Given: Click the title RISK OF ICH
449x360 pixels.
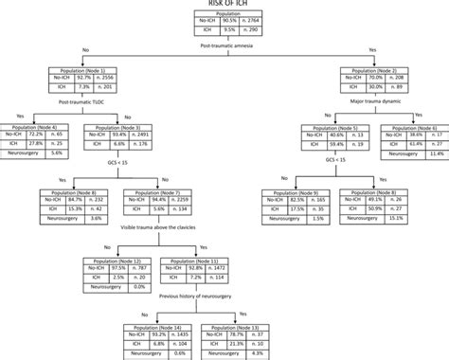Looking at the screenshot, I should (x=224, y=4).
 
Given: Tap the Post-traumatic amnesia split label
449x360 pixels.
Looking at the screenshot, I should (x=224, y=46).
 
